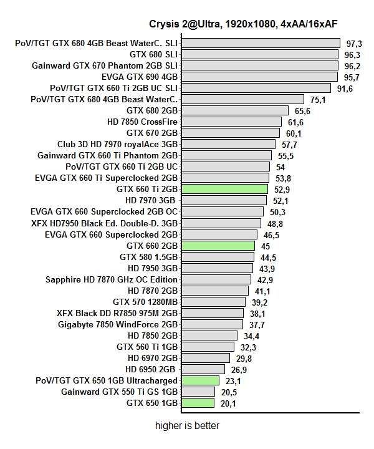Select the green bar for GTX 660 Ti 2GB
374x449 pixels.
(224, 189)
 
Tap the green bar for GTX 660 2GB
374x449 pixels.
(218, 246)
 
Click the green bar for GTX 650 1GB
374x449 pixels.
(198, 403)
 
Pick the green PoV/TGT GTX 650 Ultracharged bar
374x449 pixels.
(200, 380)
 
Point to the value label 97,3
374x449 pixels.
(354, 44)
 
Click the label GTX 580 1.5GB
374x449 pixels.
(148, 257)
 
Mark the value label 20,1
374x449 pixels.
(228, 403)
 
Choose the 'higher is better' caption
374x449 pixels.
(188, 427)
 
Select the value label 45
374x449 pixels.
(266, 246)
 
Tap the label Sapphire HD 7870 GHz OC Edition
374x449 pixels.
(112, 279)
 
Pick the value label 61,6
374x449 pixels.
(295, 122)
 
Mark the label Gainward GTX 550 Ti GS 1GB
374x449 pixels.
(120, 392)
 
